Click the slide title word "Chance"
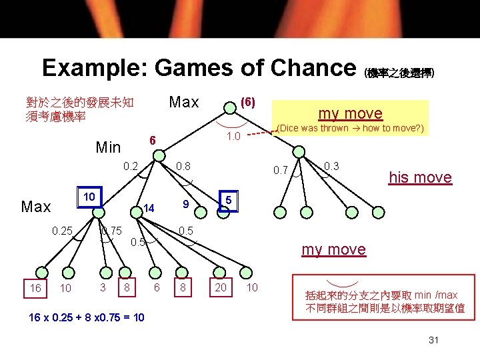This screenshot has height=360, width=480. (308, 68)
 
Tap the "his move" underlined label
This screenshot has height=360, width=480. (420, 177)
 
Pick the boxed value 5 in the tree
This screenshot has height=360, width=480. (228, 200)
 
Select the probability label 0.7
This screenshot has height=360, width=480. (280, 171)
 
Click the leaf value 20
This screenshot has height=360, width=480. (220, 287)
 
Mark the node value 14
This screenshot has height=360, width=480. (149, 209)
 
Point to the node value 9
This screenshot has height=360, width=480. (187, 203)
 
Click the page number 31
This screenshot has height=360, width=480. (434, 340)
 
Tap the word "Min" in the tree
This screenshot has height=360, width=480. (108, 147)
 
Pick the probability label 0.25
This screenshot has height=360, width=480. (61, 231)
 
